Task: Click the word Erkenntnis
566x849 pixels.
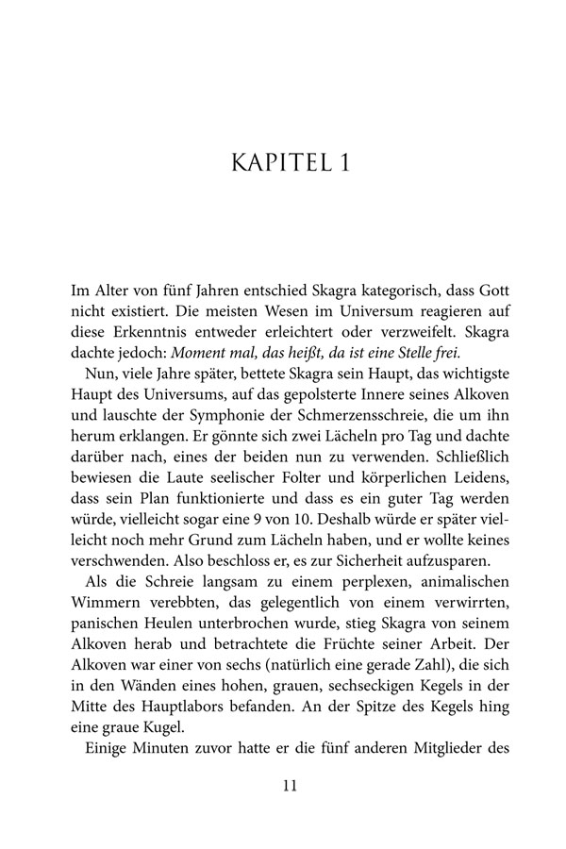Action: tap(155, 331)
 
